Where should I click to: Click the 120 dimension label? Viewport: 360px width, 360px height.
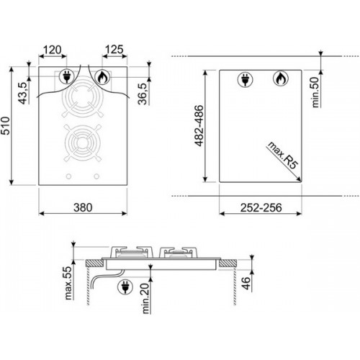coord(53,50)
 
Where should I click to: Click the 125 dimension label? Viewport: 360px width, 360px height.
coord(114,50)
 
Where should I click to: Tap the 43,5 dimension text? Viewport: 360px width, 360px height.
coord(23,93)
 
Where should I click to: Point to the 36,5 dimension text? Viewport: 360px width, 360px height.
coord(143,94)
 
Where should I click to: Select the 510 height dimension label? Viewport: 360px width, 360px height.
coord(5,125)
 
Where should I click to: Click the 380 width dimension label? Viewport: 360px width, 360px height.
coord(83,207)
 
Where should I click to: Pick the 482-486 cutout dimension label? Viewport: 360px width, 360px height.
coord(199,125)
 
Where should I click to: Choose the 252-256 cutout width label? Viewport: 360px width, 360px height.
coord(261,207)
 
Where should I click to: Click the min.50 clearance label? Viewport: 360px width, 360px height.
coord(315,92)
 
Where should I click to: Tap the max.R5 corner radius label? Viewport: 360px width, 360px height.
coord(283,156)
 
